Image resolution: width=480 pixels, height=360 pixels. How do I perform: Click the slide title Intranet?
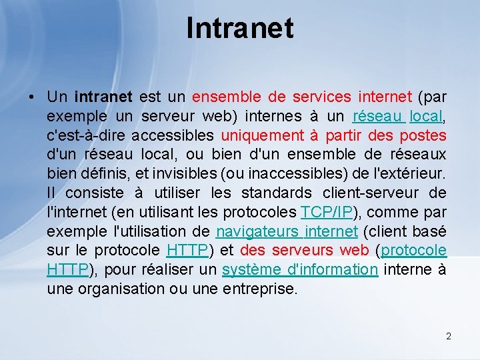(240, 28)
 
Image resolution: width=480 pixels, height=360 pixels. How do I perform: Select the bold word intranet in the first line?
(103, 97)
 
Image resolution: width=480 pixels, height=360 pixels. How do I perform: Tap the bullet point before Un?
(32, 97)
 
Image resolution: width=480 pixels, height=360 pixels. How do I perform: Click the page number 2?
(449, 336)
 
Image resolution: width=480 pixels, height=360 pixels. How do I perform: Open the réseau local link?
(397, 117)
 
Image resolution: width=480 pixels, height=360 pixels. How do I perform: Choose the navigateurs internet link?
(287, 232)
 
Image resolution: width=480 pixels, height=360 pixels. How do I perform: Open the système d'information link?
(300, 270)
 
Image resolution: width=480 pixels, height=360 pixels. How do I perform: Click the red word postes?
(423, 136)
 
